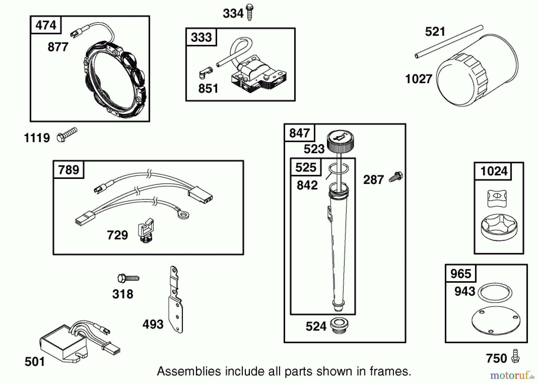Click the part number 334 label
tap(233, 13)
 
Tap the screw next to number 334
tap(249, 12)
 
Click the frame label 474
tap(46, 25)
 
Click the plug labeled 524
tap(339, 326)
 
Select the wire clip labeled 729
tap(146, 230)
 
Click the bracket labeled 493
tap(176, 300)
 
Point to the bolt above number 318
tap(128, 278)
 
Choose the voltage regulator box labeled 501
tap(80, 343)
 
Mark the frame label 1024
tap(494, 171)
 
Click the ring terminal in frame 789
tap(183, 214)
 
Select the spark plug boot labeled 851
tap(205, 72)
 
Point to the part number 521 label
tap(435, 32)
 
